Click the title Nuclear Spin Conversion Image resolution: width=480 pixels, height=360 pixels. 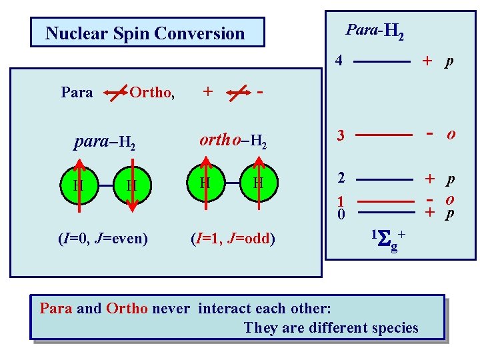coord(145,33)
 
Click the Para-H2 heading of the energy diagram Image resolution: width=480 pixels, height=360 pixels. coord(375,30)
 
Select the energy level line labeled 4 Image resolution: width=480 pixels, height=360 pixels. coord(381,61)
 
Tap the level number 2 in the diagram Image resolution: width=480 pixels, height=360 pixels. coord(340,179)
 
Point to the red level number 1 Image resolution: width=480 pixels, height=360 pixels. coord(340,201)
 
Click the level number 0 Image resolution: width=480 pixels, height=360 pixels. coord(340,214)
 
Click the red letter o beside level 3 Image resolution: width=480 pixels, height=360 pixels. coord(451,134)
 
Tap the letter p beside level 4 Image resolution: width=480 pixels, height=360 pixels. coord(450,62)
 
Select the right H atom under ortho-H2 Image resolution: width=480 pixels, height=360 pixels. coord(258,183)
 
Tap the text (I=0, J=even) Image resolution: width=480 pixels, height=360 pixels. coord(103,239)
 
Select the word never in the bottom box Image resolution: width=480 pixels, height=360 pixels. coord(173,309)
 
